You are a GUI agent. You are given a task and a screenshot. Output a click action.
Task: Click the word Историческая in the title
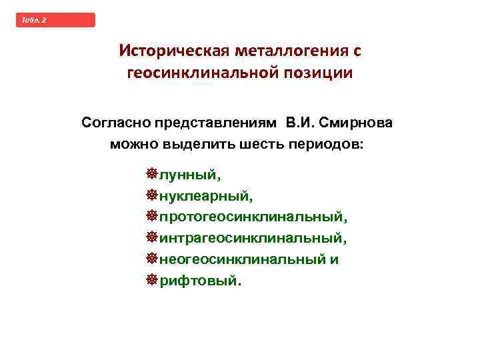tap(171, 51)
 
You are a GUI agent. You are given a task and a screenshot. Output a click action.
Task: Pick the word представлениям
tap(217, 123)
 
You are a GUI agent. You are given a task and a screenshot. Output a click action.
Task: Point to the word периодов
tap(328, 145)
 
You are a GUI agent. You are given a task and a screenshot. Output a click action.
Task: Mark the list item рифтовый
tap(198, 281)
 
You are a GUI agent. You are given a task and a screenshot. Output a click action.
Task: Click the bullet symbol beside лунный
tap(151, 175)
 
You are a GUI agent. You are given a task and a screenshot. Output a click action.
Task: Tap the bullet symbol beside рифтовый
tap(151, 280)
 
